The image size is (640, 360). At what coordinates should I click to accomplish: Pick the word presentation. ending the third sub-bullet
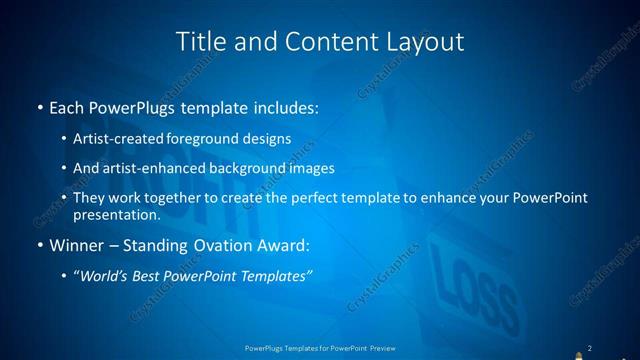click(x=117, y=214)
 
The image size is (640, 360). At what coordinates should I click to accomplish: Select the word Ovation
click(x=225, y=244)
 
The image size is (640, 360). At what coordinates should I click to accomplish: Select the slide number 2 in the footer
click(x=590, y=348)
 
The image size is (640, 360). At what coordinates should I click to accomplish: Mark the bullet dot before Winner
click(x=39, y=245)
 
